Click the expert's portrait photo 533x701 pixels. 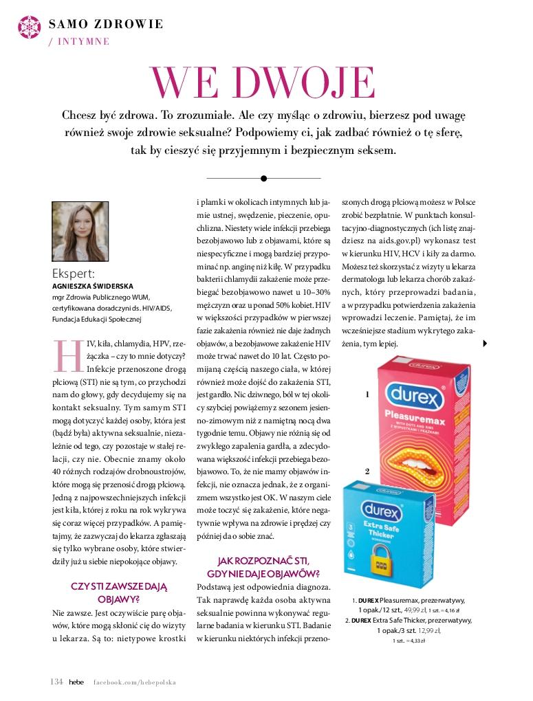point(80,232)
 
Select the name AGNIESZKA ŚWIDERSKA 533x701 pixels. point(93,286)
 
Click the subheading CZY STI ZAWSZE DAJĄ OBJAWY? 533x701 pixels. point(119,592)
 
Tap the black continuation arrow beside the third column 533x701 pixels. point(486,344)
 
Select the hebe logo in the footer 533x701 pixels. point(74,682)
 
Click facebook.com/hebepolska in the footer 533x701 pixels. point(135,682)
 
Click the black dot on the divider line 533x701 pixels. point(263,178)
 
